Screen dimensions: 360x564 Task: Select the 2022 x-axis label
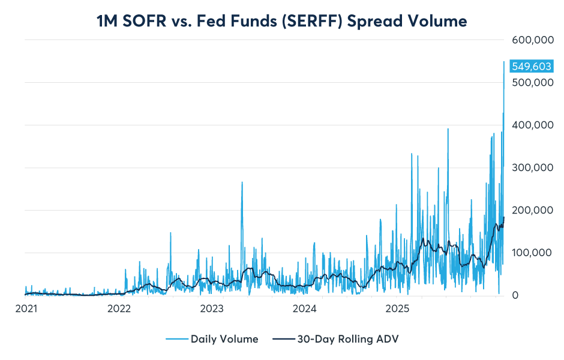119,310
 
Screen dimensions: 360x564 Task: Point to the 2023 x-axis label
212,310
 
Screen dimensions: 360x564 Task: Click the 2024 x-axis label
305,310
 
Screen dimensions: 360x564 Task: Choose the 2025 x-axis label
398,310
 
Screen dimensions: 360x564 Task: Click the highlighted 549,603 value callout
530,67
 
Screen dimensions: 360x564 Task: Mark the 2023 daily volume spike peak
242,182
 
